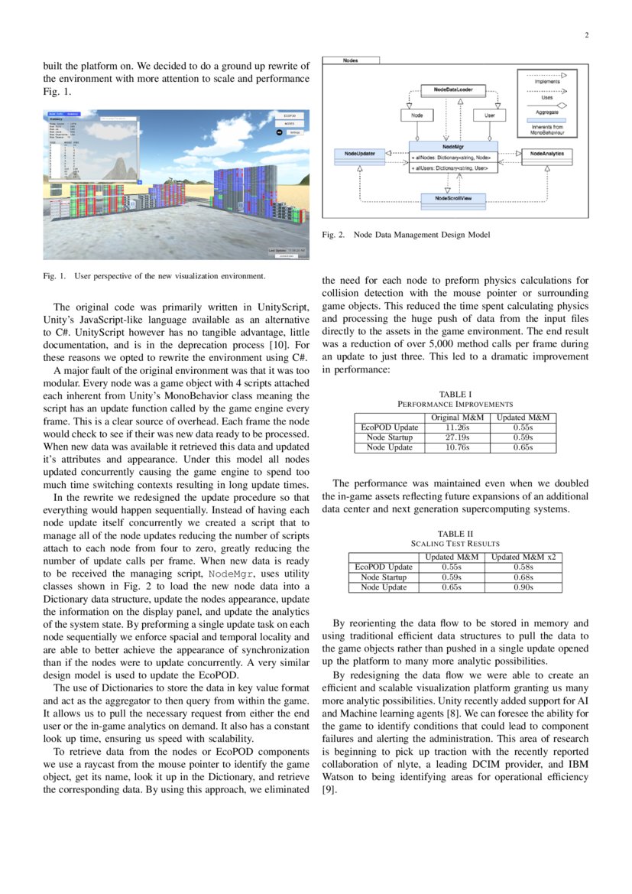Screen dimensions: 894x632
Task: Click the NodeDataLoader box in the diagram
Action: point(453,89)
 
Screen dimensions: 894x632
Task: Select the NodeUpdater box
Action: point(359,154)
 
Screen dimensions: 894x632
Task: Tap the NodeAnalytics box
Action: point(546,154)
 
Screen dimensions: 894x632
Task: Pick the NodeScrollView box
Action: point(453,198)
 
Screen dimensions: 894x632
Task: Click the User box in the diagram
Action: point(489,115)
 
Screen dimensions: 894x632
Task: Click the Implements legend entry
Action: point(546,81)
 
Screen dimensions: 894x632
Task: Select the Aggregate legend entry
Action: point(546,112)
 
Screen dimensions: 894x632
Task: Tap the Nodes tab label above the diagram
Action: point(351,60)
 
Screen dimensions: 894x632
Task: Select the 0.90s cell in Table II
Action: point(523,587)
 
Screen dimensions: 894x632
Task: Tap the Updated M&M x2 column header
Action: point(523,557)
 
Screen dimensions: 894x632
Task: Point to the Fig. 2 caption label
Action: point(334,235)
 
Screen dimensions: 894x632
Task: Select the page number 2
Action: point(586,34)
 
